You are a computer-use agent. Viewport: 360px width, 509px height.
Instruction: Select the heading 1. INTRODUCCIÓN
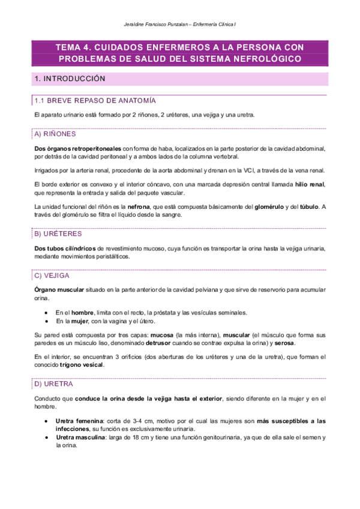pos(70,79)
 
